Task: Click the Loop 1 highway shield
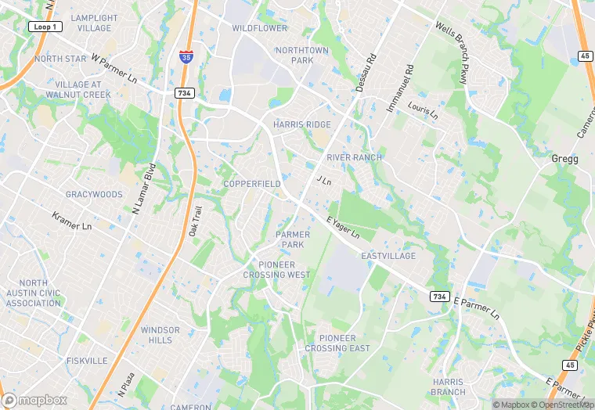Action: (x=45, y=26)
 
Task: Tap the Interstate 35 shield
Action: (x=186, y=56)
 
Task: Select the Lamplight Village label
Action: (x=94, y=23)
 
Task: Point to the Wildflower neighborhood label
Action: (x=260, y=28)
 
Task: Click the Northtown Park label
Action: (x=301, y=55)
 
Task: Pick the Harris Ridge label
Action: (x=301, y=124)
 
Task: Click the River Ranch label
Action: (x=354, y=157)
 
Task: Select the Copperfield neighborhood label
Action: (x=251, y=184)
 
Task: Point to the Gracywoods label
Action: (x=94, y=194)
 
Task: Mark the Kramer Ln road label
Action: (x=71, y=221)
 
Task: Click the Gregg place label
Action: (x=564, y=159)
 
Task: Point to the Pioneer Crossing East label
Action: (x=337, y=343)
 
